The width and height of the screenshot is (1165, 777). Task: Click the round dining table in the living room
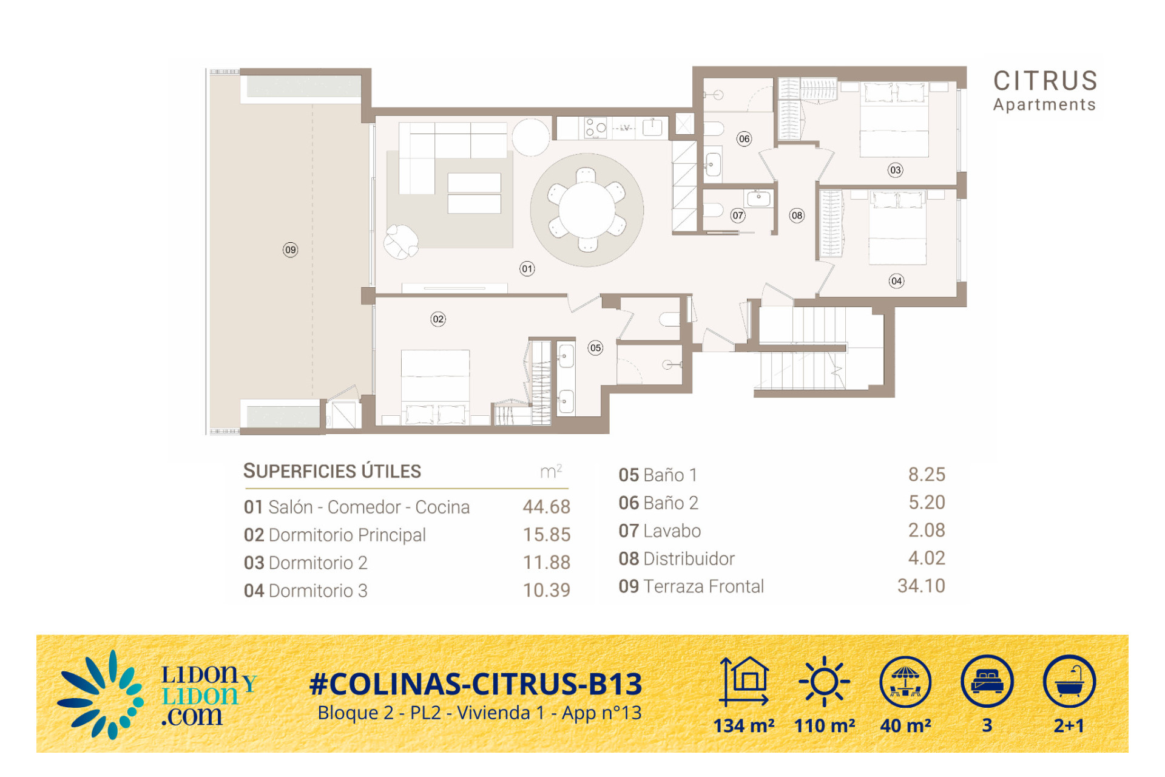pyautogui.click(x=586, y=209)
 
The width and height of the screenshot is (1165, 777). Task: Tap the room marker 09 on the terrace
pyautogui.click(x=291, y=249)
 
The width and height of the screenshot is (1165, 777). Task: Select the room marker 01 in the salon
pyautogui.click(x=527, y=269)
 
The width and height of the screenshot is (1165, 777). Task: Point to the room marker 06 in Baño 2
pyautogui.click(x=745, y=139)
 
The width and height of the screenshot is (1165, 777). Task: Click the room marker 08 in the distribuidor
pyautogui.click(x=797, y=215)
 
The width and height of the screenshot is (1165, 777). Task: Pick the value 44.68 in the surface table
pyautogui.click(x=547, y=506)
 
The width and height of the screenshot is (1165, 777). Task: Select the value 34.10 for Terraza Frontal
pyautogui.click(x=921, y=586)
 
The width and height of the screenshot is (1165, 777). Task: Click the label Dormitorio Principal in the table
pyautogui.click(x=347, y=535)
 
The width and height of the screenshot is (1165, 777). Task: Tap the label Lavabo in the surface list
pyautogui.click(x=672, y=531)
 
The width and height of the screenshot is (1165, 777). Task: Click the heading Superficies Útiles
pyautogui.click(x=332, y=471)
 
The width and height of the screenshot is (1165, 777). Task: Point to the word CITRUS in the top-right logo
pyautogui.click(x=1045, y=81)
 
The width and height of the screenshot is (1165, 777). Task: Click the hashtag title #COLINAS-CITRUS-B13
pyautogui.click(x=476, y=684)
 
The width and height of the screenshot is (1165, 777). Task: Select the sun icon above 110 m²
pyautogui.click(x=824, y=682)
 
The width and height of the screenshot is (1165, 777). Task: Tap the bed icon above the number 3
pyautogui.click(x=987, y=682)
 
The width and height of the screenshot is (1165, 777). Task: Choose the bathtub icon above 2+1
pyautogui.click(x=1069, y=682)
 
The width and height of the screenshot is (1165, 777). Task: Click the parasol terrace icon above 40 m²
pyautogui.click(x=905, y=682)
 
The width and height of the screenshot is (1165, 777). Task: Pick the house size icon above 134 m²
pyautogui.click(x=745, y=682)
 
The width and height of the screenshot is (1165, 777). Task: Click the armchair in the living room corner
pyautogui.click(x=401, y=241)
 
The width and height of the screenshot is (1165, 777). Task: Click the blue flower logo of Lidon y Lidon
pyautogui.click(x=101, y=695)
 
